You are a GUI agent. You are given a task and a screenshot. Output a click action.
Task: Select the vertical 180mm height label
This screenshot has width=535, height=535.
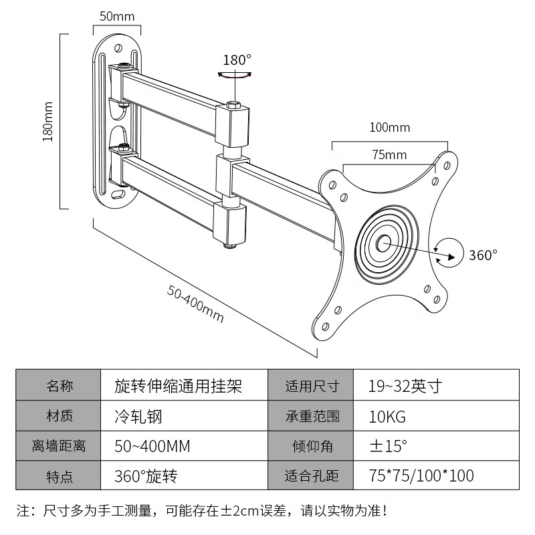pyautogui.click(x=47, y=121)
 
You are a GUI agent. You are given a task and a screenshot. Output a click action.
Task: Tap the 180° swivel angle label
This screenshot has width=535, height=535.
pyautogui.click(x=237, y=60)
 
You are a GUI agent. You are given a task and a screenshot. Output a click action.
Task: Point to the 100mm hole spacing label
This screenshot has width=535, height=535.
pyautogui.click(x=389, y=127)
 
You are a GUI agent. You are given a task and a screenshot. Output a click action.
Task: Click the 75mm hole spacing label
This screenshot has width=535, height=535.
pyautogui.click(x=389, y=155)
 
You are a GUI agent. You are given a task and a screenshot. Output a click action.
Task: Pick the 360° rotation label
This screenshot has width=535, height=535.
pyautogui.click(x=483, y=255)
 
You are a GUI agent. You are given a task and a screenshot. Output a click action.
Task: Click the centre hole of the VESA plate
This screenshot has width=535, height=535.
pyautogui.click(x=385, y=243)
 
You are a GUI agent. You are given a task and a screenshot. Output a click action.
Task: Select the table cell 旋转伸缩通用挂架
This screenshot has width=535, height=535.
pyautogui.click(x=178, y=387)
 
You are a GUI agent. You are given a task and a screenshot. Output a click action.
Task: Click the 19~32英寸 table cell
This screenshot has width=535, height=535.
pyautogui.click(x=404, y=387)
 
